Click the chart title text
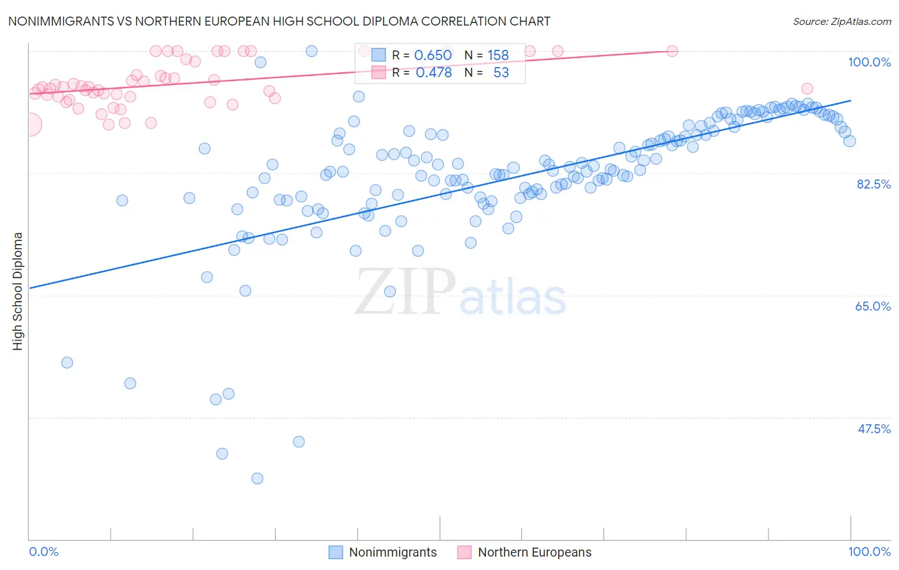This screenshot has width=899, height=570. (279, 21)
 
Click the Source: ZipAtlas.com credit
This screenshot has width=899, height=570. (841, 21)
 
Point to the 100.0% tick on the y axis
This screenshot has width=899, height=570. (869, 62)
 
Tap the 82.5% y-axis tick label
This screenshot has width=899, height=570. (873, 184)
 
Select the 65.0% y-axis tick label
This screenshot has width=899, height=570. (873, 306)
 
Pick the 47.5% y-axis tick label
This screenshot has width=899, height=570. (873, 429)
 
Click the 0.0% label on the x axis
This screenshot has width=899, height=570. (43, 551)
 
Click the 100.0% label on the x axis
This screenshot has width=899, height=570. (869, 551)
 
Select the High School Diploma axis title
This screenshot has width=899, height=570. (18, 291)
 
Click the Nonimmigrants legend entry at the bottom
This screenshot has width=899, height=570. (383, 552)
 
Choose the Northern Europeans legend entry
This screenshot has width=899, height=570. (525, 552)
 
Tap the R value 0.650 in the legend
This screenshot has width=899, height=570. (433, 55)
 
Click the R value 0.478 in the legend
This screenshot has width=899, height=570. (434, 72)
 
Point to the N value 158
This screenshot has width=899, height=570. (498, 55)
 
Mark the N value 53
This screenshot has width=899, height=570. (501, 72)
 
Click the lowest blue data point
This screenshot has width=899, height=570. (257, 478)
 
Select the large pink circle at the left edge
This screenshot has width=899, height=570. (30, 125)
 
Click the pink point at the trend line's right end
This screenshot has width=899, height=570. (672, 51)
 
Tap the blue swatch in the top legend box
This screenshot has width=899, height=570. (379, 55)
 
